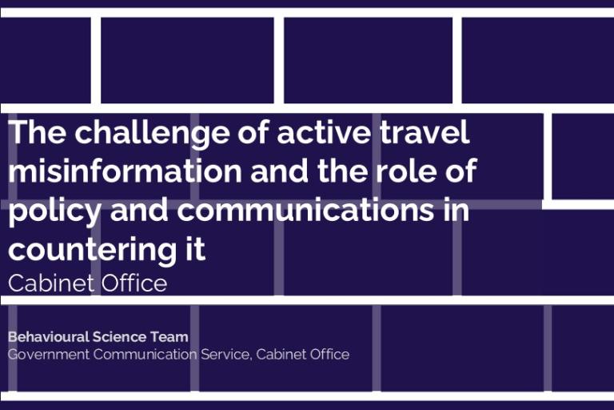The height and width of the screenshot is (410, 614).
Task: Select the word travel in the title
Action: pyautogui.click(x=425, y=132)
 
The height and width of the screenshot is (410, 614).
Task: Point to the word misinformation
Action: pyautogui.click(x=126, y=171)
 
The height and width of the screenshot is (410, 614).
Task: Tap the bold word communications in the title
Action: pyautogui.click(x=305, y=209)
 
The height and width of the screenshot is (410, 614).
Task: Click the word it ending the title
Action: pyautogui.click(x=195, y=248)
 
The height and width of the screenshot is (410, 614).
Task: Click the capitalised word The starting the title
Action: pyautogui.click(x=38, y=132)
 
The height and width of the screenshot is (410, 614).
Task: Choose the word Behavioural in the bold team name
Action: pyautogui.click(x=49, y=336)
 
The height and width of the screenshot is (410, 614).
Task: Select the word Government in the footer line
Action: pyautogui.click(x=49, y=354)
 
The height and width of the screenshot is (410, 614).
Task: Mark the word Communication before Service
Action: pyautogui.click(x=146, y=354)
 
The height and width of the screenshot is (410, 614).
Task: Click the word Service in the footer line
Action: pyautogui.click(x=226, y=355)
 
